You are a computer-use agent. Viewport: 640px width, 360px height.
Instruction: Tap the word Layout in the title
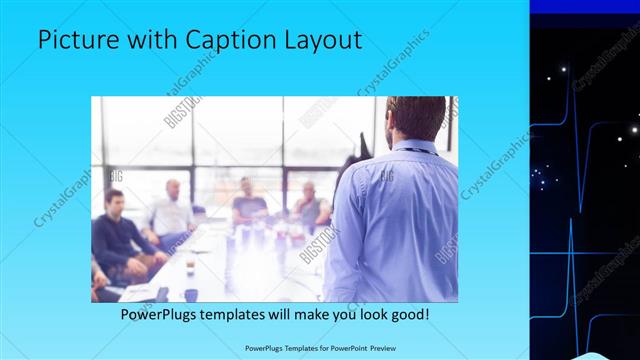[x=321, y=40]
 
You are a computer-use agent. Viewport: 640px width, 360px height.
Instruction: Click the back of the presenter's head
[x=414, y=116]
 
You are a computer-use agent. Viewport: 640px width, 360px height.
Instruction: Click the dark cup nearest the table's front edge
[x=191, y=294]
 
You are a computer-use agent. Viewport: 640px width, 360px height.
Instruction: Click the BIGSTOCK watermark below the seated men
[x=320, y=245]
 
